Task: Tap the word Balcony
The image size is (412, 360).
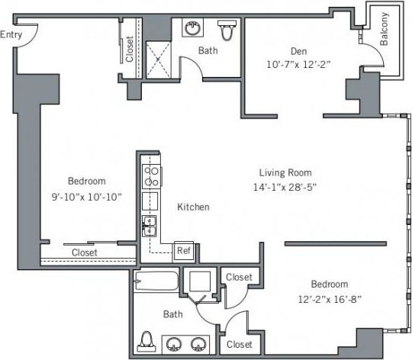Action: (384, 28)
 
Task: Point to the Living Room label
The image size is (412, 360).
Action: (285, 172)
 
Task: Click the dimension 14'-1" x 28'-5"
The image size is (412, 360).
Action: (285, 188)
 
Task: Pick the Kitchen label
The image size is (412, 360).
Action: (193, 207)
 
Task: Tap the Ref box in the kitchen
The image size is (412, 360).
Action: (183, 249)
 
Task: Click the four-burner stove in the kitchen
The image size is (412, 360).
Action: (151, 177)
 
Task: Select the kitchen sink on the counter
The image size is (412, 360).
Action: (150, 227)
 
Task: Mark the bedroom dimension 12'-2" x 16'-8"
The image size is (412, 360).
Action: (329, 299)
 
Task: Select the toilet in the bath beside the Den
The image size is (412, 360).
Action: (226, 31)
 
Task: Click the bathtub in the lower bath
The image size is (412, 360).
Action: (156, 284)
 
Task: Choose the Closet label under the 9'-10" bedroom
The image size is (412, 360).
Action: (84, 252)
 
